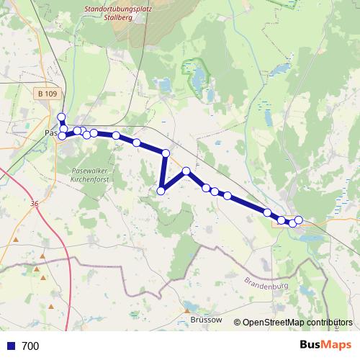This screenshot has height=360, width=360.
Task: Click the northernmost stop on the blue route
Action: (x=61, y=117)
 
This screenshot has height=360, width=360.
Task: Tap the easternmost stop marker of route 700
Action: (x=299, y=220)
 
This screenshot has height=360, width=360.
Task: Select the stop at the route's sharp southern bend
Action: (x=161, y=191)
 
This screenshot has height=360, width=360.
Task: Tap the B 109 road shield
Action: (x=47, y=94)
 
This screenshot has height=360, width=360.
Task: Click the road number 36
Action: (x=35, y=204)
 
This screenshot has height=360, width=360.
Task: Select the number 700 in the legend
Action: (x=30, y=346)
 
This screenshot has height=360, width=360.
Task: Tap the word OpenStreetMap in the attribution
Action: (x=276, y=323)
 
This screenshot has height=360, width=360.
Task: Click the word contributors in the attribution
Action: (x=332, y=323)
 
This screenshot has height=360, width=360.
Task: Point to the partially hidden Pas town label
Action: (x=50, y=133)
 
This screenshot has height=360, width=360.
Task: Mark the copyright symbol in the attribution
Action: (x=238, y=323)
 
